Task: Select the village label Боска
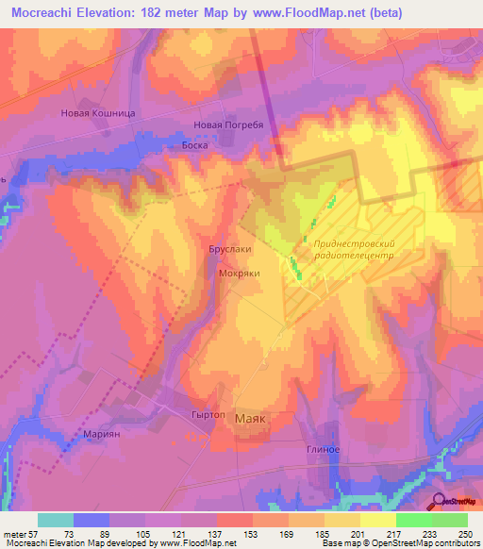193,146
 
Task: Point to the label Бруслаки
229,250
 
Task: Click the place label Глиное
322,449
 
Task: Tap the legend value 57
37,533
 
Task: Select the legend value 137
216,533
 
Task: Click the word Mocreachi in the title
44,12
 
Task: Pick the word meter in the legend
15,533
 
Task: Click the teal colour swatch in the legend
55,520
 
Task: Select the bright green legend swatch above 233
413,520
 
